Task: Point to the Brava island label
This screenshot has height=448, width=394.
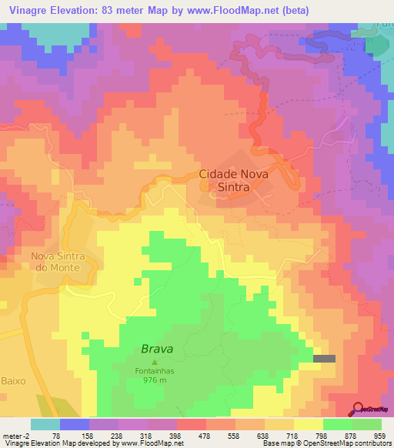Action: pyautogui.click(x=157, y=349)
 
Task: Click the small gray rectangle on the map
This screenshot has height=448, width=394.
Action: pyautogui.click(x=325, y=358)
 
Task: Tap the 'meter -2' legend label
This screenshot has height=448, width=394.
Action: pyautogui.click(x=15, y=435)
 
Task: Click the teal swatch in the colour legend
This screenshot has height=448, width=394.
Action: pyautogui.click(x=45, y=424)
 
